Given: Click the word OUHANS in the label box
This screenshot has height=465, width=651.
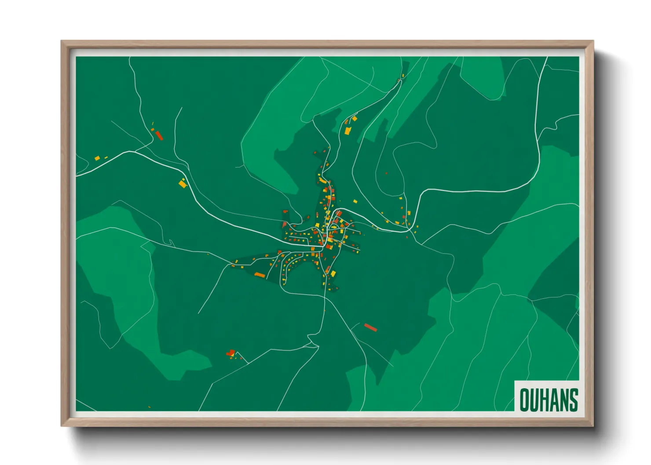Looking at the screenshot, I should click(x=549, y=400).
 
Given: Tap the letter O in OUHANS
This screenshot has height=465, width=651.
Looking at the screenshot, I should click(x=524, y=400).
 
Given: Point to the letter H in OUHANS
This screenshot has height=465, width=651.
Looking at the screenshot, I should click(x=544, y=400).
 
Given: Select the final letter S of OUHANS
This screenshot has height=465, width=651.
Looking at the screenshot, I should click(x=573, y=400).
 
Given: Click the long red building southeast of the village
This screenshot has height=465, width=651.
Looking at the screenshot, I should click(x=371, y=327).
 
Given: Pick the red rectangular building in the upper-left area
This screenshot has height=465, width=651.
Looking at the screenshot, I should click(x=159, y=135).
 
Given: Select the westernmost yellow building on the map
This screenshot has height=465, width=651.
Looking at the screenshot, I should click(x=97, y=158).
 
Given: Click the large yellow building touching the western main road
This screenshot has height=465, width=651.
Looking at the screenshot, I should click(x=183, y=183).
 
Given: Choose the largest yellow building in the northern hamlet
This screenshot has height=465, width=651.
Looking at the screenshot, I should click(x=347, y=131).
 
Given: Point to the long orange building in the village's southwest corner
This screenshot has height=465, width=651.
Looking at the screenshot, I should click(x=260, y=275).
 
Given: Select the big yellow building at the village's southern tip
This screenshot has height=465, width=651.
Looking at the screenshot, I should click(x=333, y=274).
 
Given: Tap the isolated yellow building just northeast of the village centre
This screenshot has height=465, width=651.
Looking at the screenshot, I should click(x=355, y=202).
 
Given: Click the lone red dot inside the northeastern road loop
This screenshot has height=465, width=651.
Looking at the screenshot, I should click(x=386, y=173).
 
